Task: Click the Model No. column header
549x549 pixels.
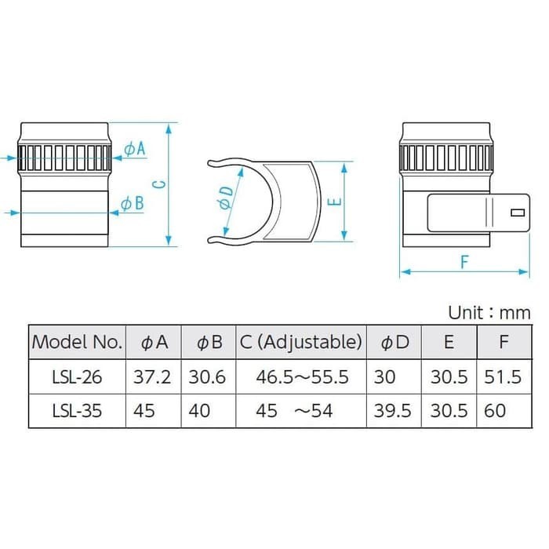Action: (x=77, y=342)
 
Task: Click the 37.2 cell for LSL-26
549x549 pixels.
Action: (x=153, y=376)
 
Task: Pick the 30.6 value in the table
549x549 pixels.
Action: (x=207, y=376)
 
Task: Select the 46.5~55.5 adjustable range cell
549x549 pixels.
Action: (x=301, y=376)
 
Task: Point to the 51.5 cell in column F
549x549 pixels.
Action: (x=502, y=376)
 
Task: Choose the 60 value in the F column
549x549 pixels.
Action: (x=495, y=410)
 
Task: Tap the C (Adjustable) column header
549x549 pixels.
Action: (x=301, y=342)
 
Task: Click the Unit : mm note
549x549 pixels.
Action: (x=489, y=312)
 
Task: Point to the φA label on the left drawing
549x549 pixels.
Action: (x=135, y=148)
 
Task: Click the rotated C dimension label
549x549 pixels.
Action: (x=158, y=184)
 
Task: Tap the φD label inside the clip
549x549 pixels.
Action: (x=225, y=197)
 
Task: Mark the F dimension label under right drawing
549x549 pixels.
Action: (x=464, y=262)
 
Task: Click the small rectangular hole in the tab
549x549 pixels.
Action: (x=517, y=213)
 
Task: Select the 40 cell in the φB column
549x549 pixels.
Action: (x=200, y=410)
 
